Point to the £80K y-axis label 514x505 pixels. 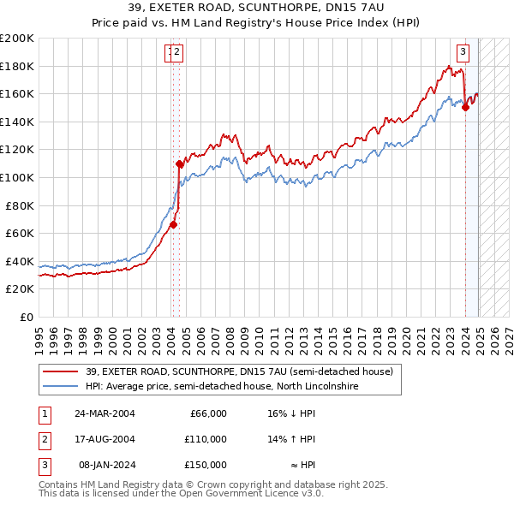click(20, 205)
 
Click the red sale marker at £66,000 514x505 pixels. click(172, 225)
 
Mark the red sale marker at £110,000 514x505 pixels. click(179, 163)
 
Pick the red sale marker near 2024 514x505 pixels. click(465, 107)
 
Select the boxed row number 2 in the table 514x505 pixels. click(42, 439)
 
